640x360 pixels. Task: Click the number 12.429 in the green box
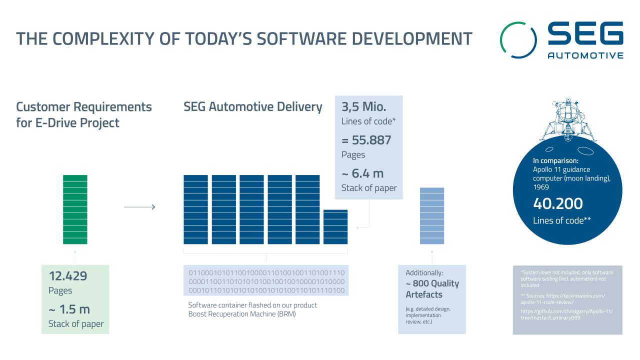point(68,275)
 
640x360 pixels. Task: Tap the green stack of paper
point(75,209)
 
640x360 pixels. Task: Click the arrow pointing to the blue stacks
point(139,207)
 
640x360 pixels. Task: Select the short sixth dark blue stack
point(335,226)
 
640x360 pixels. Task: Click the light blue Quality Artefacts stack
point(432,215)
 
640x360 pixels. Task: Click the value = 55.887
point(366,140)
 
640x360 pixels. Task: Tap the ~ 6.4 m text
point(362,173)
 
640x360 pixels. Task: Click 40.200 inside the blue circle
point(558,204)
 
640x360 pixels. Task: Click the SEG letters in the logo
point(585,34)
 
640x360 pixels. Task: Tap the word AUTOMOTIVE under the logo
point(585,55)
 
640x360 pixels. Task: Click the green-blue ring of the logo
point(518,39)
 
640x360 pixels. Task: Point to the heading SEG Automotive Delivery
point(253,107)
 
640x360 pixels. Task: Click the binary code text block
point(266,281)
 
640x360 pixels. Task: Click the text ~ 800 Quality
point(432,283)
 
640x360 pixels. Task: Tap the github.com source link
point(566,314)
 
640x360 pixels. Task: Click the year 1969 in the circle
point(541,187)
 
